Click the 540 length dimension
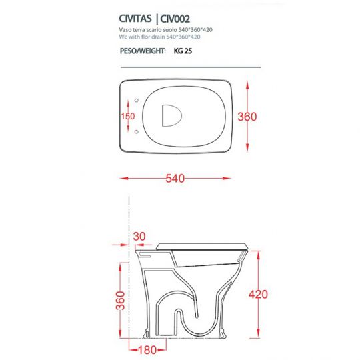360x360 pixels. [x=175, y=179]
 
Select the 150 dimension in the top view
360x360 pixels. [x=127, y=116]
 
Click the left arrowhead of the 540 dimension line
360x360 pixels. [x=122, y=179]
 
